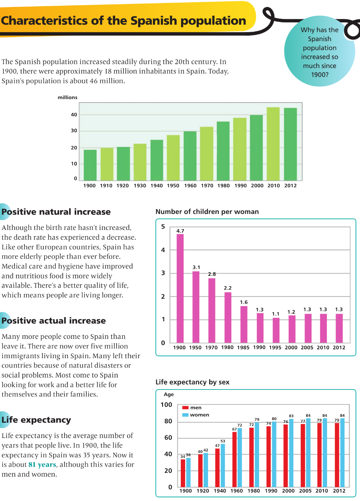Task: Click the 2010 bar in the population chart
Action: coord(273,144)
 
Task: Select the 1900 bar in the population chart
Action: coord(90,165)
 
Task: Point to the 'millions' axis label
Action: coord(67,97)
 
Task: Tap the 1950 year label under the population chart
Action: coord(173,185)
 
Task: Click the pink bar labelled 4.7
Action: coord(180,288)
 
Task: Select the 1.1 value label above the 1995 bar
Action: coord(276,314)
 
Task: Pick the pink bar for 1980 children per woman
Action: coord(228,317)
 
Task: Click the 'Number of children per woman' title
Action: coord(207,212)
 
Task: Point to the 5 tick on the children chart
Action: coord(163,227)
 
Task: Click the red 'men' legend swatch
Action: coord(185,408)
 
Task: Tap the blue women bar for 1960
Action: coord(240,457)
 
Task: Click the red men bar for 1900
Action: coord(183,473)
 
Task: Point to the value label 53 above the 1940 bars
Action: coord(223,441)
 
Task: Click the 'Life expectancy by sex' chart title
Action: coord(192,382)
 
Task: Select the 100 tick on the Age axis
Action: coord(166,405)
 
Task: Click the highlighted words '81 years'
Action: coord(42,465)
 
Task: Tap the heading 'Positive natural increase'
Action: coord(56,212)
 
